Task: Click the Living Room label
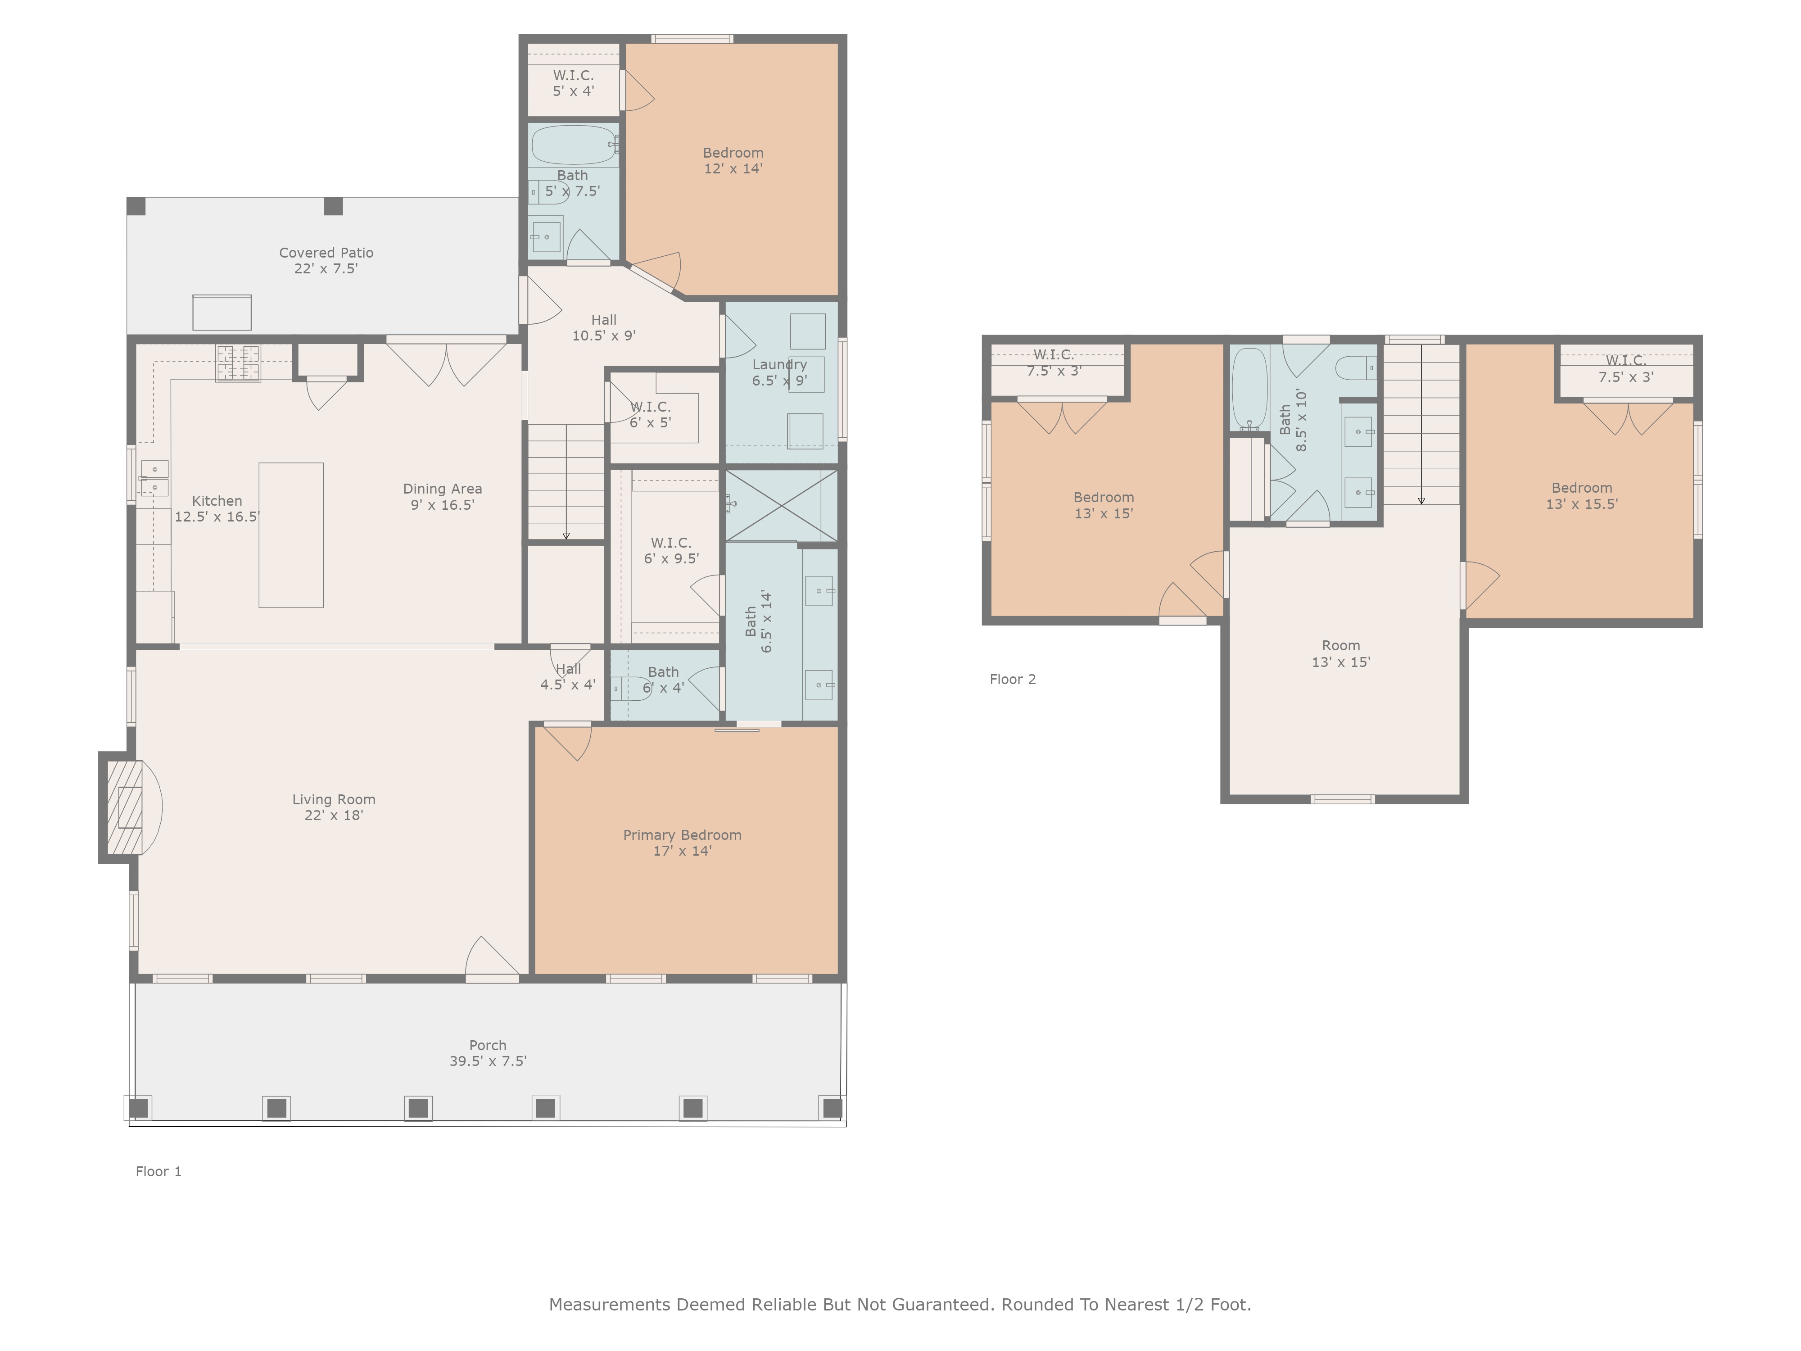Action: [334, 807]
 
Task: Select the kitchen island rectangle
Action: [291, 535]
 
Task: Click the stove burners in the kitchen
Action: [238, 363]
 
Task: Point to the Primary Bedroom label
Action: [682, 843]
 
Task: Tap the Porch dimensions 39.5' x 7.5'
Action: [488, 1061]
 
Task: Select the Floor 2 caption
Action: [1013, 679]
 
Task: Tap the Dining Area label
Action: [442, 497]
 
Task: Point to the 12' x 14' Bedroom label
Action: [733, 160]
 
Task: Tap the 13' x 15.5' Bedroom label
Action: [1581, 496]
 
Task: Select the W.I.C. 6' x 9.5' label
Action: [671, 550]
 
